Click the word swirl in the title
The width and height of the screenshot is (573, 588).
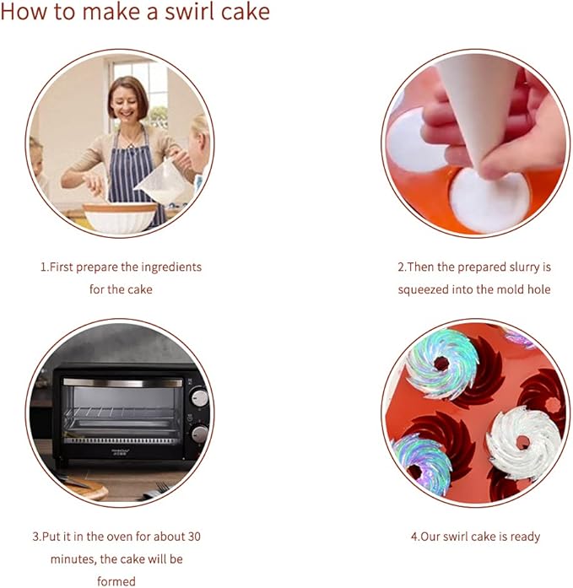point(187,11)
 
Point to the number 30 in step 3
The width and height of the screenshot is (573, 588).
point(193,537)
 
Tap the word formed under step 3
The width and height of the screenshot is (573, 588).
point(116,581)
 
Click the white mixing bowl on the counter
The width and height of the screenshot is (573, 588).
point(120,218)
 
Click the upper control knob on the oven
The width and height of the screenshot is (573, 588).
point(199,398)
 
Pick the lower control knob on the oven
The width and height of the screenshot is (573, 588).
point(199,434)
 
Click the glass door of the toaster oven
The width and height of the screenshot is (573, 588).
point(122,413)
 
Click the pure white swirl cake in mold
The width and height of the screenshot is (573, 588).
point(524,443)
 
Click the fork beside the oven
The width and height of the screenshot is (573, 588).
point(157,491)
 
